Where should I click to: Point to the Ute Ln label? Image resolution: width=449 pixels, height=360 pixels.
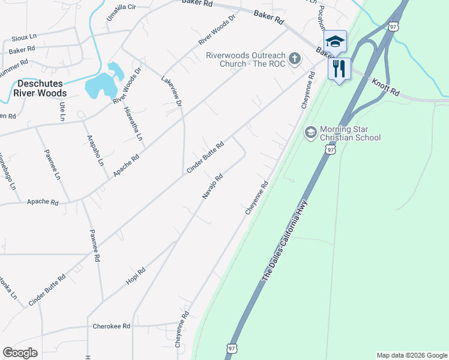(62, 112)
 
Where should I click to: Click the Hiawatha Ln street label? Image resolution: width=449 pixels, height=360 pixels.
(133, 123)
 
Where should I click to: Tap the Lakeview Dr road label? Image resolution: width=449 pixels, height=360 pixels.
(172, 91)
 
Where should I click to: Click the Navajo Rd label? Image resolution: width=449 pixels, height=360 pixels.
(212, 187)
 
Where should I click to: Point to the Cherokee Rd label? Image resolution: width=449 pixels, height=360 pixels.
(112, 326)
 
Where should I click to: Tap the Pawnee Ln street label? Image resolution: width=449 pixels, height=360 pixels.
(52, 166)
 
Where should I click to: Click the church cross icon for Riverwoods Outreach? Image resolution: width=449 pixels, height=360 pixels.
(294, 58)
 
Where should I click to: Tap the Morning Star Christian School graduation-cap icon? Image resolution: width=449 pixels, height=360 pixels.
(310, 132)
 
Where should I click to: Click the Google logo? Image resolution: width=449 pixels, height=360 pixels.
(20, 353)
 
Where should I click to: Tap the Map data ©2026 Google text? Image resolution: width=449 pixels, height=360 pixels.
(412, 355)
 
